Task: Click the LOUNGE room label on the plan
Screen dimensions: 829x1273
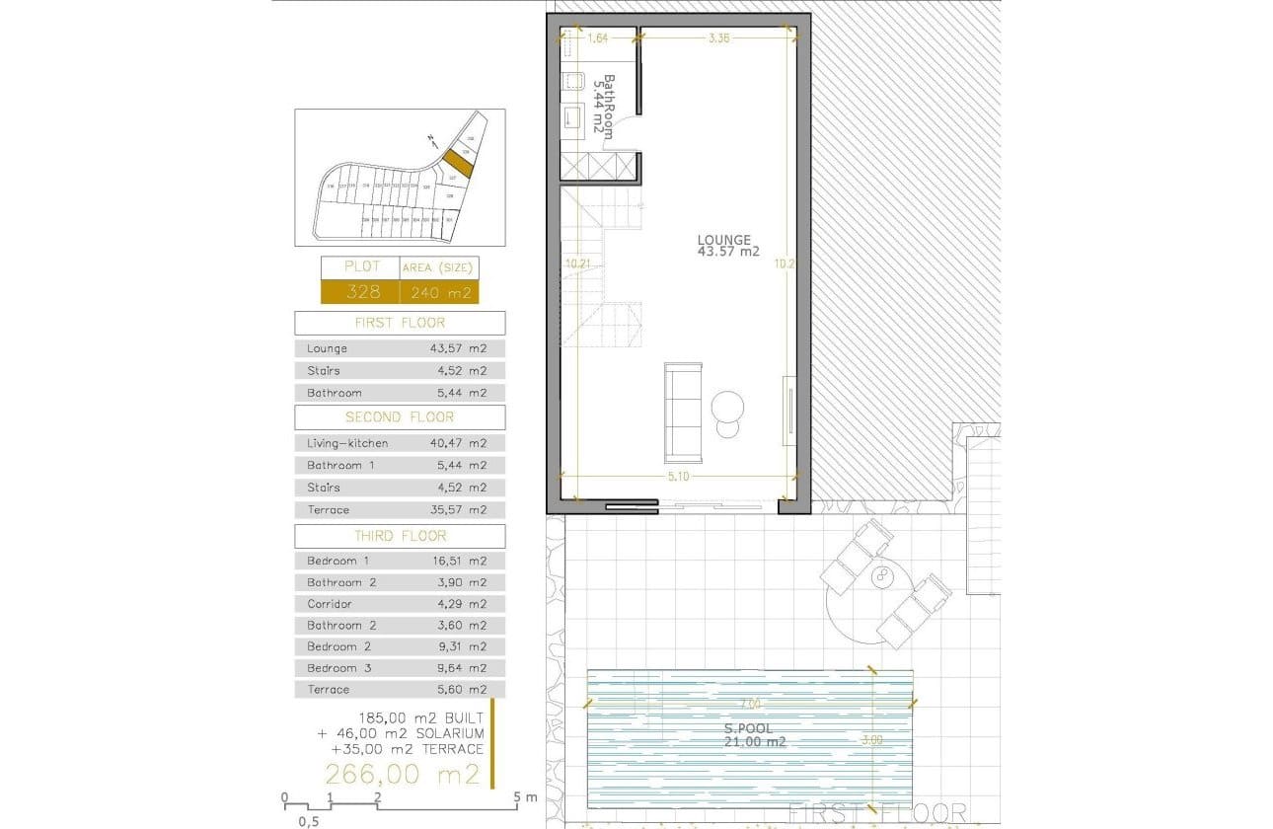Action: [x=725, y=240]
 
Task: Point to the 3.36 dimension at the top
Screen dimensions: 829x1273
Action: [x=719, y=39]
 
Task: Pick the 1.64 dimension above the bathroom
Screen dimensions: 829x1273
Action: [x=598, y=39]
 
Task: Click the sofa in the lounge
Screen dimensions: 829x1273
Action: [x=683, y=413]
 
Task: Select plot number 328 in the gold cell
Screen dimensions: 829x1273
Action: [x=359, y=292]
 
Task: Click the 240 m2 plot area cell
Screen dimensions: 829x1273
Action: [x=438, y=292]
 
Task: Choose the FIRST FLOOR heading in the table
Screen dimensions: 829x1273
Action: [x=400, y=323]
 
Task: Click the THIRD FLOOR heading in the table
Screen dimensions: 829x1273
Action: [x=400, y=536]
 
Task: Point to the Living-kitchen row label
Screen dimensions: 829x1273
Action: [x=346, y=444]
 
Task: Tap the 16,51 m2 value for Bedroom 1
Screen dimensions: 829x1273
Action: [x=464, y=561]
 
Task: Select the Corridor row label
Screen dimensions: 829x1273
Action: [x=329, y=604]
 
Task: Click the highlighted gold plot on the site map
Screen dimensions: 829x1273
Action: [x=457, y=162]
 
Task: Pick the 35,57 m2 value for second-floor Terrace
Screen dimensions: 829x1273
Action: [x=464, y=510]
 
